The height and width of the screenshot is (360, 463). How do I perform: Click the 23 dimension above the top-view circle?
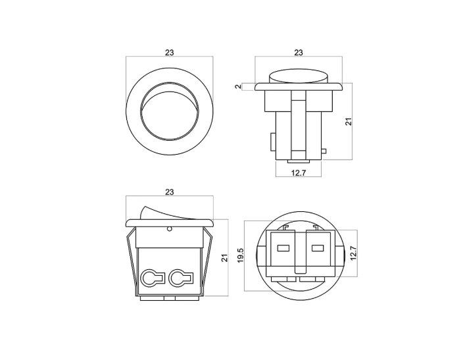(170, 53)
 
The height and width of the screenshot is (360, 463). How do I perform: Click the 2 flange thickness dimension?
(238, 87)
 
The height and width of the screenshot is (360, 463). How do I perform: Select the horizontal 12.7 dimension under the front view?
(299, 172)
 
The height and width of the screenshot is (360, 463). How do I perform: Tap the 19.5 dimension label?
(240, 255)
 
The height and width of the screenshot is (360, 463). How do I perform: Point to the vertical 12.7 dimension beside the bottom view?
(353, 253)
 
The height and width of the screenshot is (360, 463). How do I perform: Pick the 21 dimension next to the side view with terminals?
(225, 258)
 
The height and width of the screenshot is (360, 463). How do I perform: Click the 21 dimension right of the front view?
(349, 122)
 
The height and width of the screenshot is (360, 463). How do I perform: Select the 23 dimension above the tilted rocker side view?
(170, 192)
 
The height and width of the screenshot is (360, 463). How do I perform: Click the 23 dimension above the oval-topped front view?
(299, 53)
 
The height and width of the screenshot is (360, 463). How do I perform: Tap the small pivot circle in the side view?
(170, 229)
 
